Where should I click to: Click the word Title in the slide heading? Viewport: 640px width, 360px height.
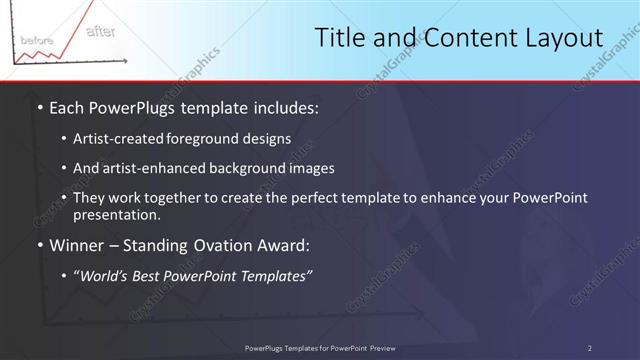coord(339,38)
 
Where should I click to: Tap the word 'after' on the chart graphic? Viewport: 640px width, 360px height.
coord(100,32)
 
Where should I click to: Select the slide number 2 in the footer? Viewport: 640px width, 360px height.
coord(589,348)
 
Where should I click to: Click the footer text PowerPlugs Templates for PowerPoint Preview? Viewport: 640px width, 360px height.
coord(320,348)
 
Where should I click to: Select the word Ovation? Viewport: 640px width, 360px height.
coord(219,244)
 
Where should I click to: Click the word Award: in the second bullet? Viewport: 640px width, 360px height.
coord(284,244)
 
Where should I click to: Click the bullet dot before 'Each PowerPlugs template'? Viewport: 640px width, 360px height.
coord(39,107)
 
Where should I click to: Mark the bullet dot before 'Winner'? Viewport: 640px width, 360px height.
coord(39,244)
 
